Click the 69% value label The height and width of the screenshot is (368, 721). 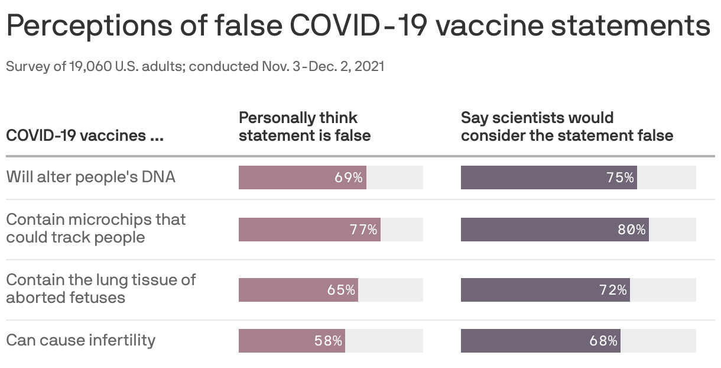point(348,177)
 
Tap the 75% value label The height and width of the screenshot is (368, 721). point(619,177)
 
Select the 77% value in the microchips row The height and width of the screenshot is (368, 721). point(363,230)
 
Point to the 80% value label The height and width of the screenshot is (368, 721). point(631,230)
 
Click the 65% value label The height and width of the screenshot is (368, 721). point(341,290)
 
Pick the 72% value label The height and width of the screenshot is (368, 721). point(612,290)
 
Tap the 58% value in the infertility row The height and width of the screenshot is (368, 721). point(328,341)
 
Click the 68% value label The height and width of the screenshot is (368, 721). point(603,341)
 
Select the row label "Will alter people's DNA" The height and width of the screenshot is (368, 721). point(90,177)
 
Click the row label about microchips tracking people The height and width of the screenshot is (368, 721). point(95,228)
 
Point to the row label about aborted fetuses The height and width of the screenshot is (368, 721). point(100,288)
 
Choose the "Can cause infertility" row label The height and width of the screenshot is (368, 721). point(80,340)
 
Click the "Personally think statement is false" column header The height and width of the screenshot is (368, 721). point(304,127)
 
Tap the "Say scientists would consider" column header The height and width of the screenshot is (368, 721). point(566,127)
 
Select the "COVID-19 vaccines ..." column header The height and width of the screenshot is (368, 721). point(85,135)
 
